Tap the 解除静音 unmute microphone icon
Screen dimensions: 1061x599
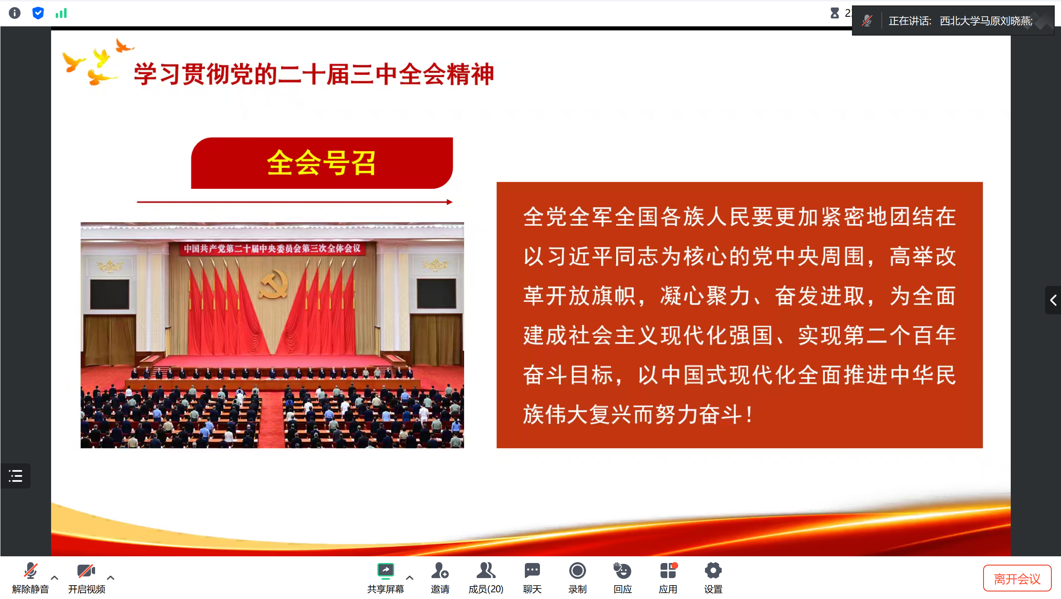[31, 570]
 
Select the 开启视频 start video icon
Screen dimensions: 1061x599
[86, 570]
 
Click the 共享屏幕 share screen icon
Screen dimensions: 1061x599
[385, 570]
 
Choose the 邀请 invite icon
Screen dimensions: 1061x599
[440, 570]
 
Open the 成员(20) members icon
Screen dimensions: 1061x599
[486, 570]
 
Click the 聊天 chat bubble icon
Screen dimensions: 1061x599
[532, 570]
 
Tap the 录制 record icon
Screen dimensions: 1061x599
[577, 570]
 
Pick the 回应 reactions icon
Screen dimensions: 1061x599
[622, 570]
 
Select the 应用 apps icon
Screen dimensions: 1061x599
[668, 570]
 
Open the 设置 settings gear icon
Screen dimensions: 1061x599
[713, 570]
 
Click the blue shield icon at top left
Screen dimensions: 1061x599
[38, 13]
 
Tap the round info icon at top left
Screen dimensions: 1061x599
[15, 13]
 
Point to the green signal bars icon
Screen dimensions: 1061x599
[61, 13]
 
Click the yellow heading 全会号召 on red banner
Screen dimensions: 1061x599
[321, 163]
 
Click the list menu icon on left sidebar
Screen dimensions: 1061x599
[15, 476]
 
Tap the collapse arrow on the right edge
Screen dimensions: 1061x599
[1053, 300]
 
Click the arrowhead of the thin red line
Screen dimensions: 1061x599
[449, 202]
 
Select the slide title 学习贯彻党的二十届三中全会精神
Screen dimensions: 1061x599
[314, 75]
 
